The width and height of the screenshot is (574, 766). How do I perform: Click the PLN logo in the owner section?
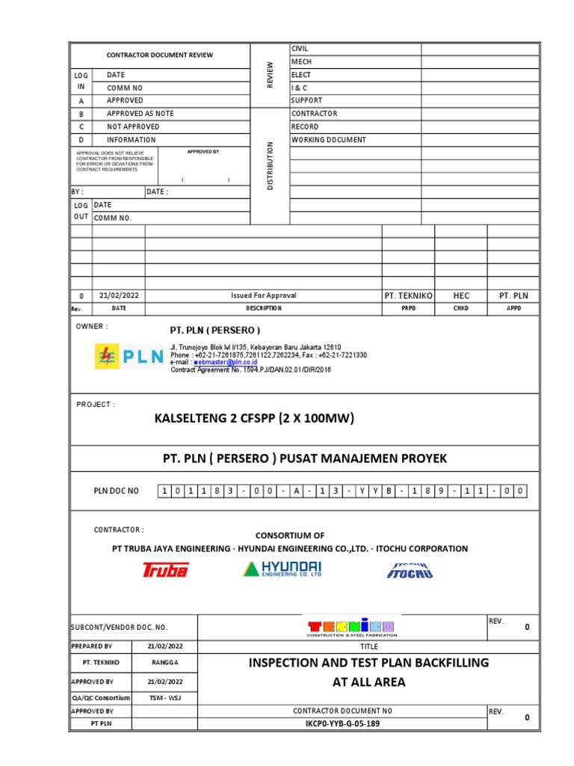[x=129, y=356]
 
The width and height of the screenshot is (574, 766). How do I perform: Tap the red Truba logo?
[x=166, y=570]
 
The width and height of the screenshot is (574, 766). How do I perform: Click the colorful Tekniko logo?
[x=351, y=627]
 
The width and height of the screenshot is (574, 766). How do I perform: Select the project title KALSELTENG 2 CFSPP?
[x=254, y=417]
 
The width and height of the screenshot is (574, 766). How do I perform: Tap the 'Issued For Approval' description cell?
[x=263, y=295]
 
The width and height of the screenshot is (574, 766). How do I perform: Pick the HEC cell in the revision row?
[x=461, y=295]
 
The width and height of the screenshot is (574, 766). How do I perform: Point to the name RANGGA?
[x=165, y=663]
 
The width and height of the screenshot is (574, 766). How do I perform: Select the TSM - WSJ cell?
[x=165, y=698]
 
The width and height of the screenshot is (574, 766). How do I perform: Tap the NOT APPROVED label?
[x=132, y=126]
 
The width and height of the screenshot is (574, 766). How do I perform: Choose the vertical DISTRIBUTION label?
[x=270, y=165]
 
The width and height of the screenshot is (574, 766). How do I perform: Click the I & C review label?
[x=300, y=88]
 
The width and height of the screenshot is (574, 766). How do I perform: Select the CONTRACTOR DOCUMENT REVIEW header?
[x=159, y=55]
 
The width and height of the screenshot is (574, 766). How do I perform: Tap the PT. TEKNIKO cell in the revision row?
[x=408, y=295]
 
